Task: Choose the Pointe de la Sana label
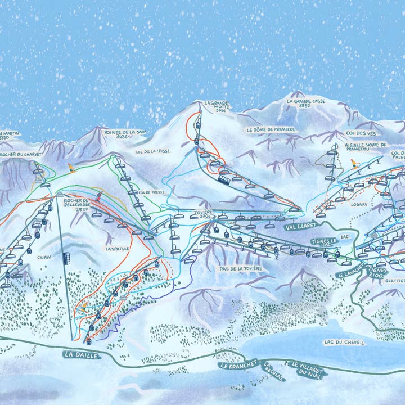[129, 134]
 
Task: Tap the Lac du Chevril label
[344, 342]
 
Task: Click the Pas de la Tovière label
[241, 269]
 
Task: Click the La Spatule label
[118, 248]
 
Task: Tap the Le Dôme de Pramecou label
[271, 129]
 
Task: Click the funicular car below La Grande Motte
[224, 180]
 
